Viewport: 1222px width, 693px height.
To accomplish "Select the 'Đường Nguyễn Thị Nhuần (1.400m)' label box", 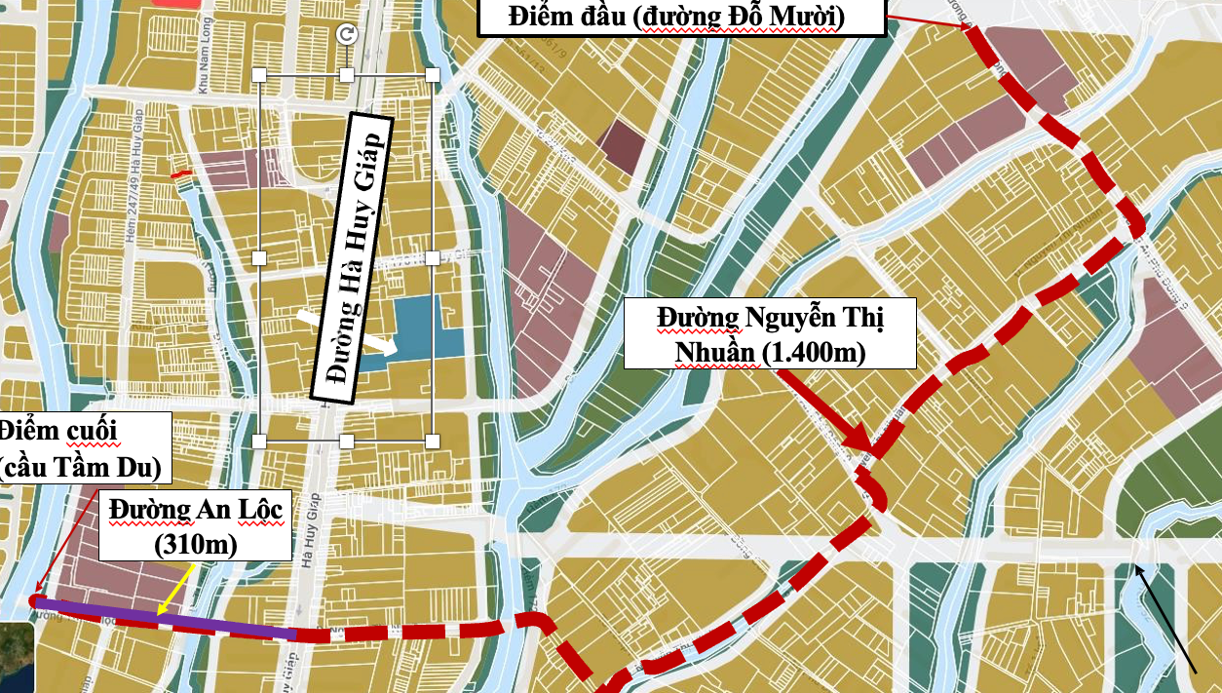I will [x=770, y=333].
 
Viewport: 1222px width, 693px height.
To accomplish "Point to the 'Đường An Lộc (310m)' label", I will [x=195, y=526].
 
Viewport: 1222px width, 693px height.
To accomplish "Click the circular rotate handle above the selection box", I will [x=346, y=35].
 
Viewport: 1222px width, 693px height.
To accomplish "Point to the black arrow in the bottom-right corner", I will [x=1165, y=619].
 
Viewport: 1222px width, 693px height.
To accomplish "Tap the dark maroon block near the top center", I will [x=621, y=148].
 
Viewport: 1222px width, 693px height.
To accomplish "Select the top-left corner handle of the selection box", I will [x=259, y=75].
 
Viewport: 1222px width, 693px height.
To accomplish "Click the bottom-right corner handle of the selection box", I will [x=432, y=442].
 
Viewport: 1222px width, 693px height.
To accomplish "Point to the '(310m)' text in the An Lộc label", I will [x=195, y=544].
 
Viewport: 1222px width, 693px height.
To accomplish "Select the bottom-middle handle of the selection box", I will [x=346, y=442].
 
